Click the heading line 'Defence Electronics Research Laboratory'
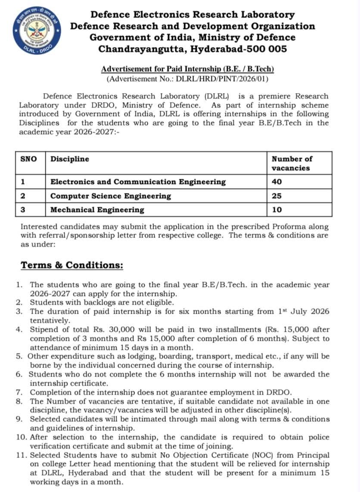click(192, 15)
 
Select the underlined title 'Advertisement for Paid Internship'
click(187, 69)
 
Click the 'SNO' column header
click(29, 159)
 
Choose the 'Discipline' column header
click(70, 159)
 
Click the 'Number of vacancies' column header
click(292, 163)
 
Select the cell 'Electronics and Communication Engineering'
click(138, 182)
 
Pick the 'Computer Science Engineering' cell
click(111, 196)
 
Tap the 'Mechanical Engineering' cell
click(97, 210)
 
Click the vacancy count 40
click(276, 182)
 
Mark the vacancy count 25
click(276, 196)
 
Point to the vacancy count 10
click(276, 210)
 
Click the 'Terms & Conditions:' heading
click(72, 265)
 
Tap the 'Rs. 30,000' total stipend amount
click(130, 330)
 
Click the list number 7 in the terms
click(19, 392)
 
